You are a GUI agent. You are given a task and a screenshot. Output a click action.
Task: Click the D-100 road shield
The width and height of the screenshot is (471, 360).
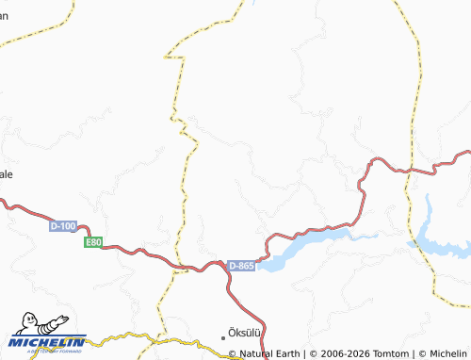(x=62, y=226)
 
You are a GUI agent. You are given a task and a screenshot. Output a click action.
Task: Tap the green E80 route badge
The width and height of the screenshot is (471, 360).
(x=92, y=242)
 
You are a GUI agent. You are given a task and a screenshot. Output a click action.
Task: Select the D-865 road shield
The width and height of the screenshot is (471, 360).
(x=241, y=267)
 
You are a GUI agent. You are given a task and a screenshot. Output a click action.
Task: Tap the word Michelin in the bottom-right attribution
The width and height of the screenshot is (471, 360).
(x=444, y=353)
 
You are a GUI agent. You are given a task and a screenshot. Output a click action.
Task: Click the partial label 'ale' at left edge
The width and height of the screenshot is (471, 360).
(x=7, y=175)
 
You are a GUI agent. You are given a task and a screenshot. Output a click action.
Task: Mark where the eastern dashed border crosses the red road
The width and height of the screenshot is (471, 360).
(x=412, y=170)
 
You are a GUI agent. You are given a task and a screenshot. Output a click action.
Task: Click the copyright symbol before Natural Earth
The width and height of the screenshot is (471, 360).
(x=233, y=353)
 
